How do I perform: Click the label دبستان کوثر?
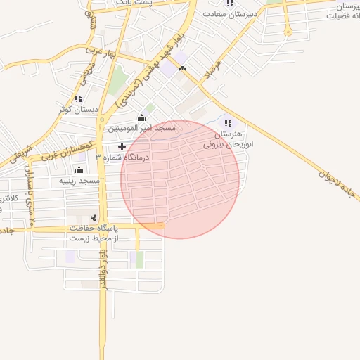pyautogui.click(x=77, y=110)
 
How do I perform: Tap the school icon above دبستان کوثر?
pyautogui.click(x=77, y=98)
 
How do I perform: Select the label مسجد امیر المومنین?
pyautogui.click(x=141, y=129)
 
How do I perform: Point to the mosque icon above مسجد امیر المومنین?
pyautogui.click(x=141, y=117)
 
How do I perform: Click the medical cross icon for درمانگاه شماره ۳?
pyautogui.click(x=122, y=146)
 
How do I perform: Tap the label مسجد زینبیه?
pyautogui.click(x=79, y=181)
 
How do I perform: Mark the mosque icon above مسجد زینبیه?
pyautogui.click(x=79, y=169)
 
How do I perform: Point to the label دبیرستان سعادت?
pyautogui.click(x=231, y=13)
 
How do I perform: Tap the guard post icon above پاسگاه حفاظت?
pyautogui.click(x=94, y=217)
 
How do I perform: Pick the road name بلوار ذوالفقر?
pyautogui.click(x=103, y=271)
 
